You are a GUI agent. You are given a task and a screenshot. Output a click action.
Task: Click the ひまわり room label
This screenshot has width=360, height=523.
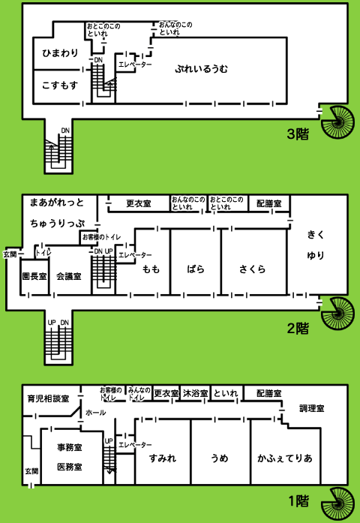coord(60,53)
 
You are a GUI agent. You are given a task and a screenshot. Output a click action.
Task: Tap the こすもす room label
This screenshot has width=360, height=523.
coord(60,86)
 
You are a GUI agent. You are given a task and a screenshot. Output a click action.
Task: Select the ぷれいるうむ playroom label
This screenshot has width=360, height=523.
coord(201,69)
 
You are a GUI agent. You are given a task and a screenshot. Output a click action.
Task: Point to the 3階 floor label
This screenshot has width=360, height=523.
coord(298,134)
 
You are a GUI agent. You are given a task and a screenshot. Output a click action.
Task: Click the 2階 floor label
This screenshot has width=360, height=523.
coord(298,329)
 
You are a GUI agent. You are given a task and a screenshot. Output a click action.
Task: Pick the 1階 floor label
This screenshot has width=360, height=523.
coord(298,501)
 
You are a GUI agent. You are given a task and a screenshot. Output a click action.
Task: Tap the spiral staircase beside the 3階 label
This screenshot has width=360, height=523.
coord(337,122)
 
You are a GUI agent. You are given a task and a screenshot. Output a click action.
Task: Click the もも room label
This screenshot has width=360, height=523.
coord(151,269)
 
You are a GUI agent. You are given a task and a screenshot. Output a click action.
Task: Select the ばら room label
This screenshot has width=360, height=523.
coord(196,269)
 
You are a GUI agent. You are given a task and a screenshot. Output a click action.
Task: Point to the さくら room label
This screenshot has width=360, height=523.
coord(252,269)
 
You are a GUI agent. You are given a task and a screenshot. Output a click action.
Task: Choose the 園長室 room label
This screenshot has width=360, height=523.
coord(34,276)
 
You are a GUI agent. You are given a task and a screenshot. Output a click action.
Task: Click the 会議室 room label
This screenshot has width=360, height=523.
coord(69,276)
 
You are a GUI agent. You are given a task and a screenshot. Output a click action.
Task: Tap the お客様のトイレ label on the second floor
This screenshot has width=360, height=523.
coord(102,237)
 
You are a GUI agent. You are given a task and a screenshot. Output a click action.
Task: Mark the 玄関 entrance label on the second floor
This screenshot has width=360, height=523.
coord(10,254)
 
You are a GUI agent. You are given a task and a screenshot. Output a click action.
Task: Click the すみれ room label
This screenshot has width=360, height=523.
coord(162,458)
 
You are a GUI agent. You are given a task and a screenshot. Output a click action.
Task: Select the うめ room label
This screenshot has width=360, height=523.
coord(219,458)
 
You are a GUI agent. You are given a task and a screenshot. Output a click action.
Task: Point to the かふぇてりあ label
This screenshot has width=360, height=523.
coord(285,458)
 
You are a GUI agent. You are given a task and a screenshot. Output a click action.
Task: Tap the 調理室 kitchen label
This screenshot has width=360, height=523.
coord(312,408)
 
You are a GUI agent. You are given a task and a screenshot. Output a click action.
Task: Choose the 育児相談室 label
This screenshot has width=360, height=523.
coord(48,398)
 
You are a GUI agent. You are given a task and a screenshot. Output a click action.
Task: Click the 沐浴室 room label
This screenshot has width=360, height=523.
coord(195,393)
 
